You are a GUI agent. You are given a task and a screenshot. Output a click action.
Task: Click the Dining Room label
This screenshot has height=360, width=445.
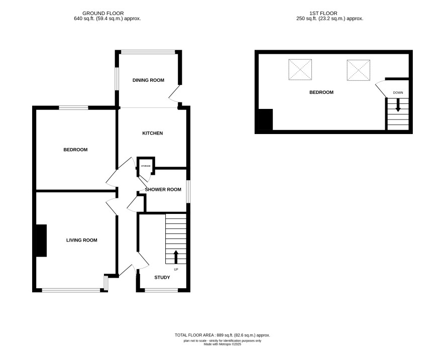tap(148, 80)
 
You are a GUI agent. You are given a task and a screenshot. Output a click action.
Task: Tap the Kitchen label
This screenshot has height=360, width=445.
tap(152, 134)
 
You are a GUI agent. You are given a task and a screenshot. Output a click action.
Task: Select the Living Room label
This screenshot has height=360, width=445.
tap(82, 241)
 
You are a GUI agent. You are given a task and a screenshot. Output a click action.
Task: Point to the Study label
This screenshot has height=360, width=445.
tap(162, 278)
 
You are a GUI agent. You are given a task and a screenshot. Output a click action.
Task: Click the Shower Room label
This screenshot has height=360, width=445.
tap(163, 189)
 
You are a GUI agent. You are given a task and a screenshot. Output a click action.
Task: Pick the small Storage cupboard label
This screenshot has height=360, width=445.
tap(146, 166)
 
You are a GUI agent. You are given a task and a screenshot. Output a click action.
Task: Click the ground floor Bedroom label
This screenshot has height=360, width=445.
tap(75, 150)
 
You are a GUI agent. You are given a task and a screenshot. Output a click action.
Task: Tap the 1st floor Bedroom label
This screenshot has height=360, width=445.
tap(321, 92)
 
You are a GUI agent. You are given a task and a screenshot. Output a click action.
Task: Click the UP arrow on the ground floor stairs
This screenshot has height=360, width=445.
tap(176, 257)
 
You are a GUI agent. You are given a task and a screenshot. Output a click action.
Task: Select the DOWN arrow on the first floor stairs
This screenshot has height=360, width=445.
tap(398, 105)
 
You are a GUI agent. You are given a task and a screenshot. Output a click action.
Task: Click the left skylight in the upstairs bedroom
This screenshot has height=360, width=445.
tap(300, 70)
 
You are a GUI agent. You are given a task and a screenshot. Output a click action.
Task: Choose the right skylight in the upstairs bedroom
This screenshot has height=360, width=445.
tap(359, 70)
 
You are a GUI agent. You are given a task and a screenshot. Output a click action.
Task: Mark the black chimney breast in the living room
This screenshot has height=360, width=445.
tap(41, 241)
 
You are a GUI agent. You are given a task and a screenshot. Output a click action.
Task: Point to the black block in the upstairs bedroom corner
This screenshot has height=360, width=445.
tap(266, 119)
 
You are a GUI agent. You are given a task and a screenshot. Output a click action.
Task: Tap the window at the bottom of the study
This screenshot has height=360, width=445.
tap(161, 290)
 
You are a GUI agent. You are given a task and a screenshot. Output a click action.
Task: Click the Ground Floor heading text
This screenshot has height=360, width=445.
tap(103, 14)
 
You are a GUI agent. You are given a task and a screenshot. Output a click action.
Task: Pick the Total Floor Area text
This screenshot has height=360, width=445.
tap(222, 335)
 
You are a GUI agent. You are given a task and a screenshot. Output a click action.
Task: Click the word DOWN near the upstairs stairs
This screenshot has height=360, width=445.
tap(398, 93)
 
